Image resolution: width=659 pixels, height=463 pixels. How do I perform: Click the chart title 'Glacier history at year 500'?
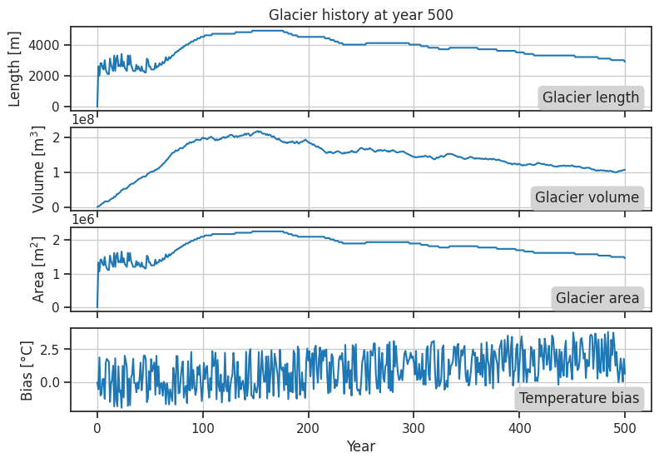[360, 14]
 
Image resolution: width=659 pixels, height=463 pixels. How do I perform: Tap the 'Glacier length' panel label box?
[591, 97]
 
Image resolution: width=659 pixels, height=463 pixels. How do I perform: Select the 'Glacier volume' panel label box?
[587, 197]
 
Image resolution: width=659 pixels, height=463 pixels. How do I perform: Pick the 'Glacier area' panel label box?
[597, 298]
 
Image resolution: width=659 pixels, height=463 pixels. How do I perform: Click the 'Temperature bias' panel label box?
[579, 398]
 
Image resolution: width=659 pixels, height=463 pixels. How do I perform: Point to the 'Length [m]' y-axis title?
[16, 66]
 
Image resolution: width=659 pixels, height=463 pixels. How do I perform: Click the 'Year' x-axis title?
[360, 447]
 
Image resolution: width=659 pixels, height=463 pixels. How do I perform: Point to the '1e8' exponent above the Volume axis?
[84, 118]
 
